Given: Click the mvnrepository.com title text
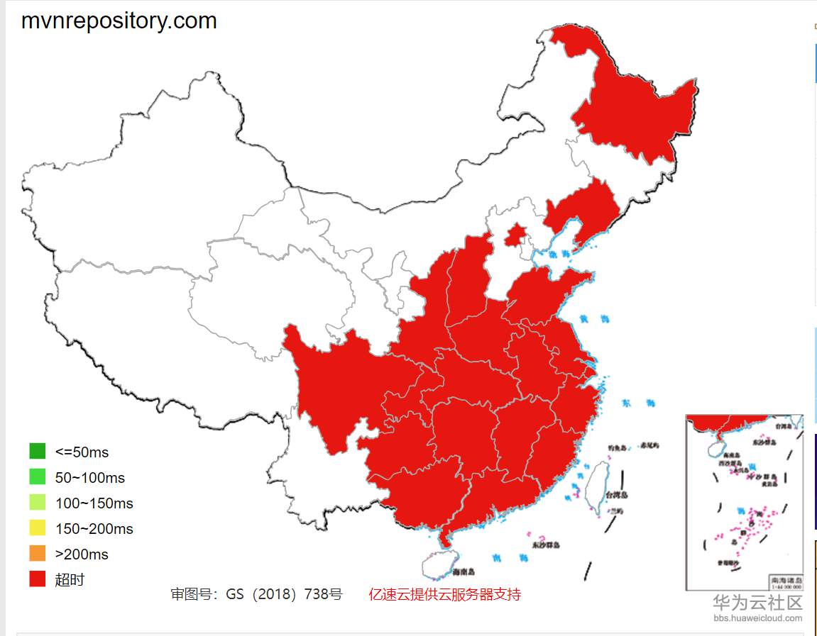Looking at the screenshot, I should (x=119, y=21).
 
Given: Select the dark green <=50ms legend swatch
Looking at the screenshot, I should (x=38, y=451).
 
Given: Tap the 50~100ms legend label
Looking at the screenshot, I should (x=89, y=478).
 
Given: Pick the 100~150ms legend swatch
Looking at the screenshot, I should (x=38, y=503).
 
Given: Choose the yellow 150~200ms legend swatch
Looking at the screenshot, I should (x=38, y=528).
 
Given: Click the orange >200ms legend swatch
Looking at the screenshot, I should (x=38, y=554).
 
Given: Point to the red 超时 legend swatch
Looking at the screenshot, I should (x=38, y=579).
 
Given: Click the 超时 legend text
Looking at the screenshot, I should (x=70, y=579).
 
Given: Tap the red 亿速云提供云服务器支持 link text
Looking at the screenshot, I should (x=444, y=594).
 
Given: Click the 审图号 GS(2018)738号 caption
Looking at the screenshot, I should (x=256, y=594).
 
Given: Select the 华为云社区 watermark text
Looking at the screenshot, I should (x=757, y=603).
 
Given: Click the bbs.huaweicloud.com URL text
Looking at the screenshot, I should (x=758, y=618).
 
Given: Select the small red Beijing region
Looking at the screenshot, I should (x=516, y=235).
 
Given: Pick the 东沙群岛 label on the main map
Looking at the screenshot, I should (x=546, y=545).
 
